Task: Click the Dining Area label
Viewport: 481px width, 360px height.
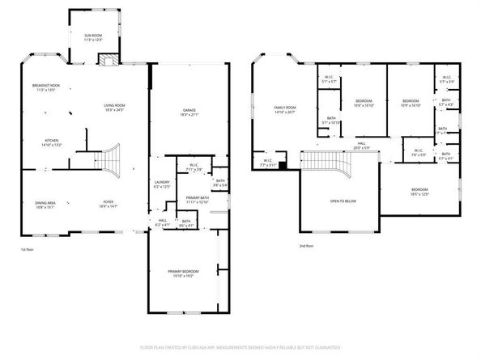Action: (x=45, y=204)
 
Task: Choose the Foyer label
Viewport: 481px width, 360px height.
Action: (x=108, y=204)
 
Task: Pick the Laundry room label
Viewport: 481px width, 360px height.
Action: (x=161, y=185)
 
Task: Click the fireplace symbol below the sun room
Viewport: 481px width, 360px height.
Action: (x=106, y=60)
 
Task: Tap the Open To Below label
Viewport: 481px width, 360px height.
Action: (x=343, y=201)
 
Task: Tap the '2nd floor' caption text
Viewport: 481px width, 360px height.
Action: (x=306, y=246)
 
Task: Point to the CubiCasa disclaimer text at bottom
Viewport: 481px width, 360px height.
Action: (x=240, y=348)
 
